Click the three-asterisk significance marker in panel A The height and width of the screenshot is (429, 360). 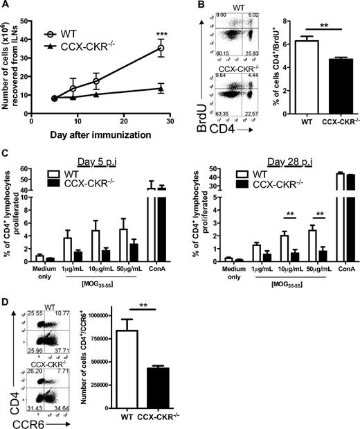point(161,32)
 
